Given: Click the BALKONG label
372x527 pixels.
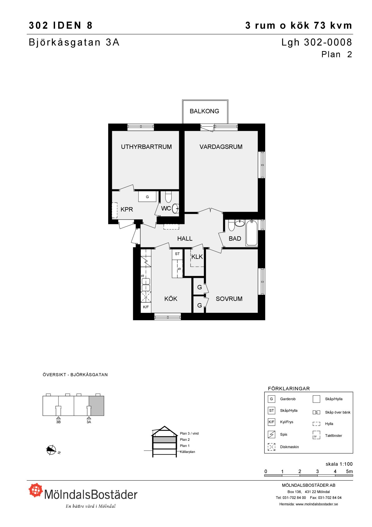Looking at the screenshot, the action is tap(204, 111).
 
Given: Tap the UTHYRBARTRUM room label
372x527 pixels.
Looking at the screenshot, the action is tap(146, 147).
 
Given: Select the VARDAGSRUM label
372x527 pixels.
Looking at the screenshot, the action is tap(221, 147).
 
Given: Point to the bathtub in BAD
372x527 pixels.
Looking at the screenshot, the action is tap(251, 233).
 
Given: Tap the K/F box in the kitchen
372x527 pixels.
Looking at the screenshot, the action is tap(146, 307).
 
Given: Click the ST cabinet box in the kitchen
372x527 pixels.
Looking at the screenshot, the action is tap(177, 254).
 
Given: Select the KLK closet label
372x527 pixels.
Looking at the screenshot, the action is tap(197, 257).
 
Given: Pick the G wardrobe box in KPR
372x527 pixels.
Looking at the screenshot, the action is tap(147, 197).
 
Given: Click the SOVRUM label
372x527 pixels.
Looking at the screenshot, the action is tap(229, 299).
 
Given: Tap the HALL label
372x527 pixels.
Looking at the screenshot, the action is tap(185, 239).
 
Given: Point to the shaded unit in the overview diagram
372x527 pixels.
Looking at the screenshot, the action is tap(96, 406).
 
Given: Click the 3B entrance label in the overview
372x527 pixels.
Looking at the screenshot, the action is tap(58, 422).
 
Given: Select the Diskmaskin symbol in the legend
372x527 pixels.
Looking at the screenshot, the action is tap(271, 447).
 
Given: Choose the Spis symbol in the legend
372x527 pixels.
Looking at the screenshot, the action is tap(271, 434).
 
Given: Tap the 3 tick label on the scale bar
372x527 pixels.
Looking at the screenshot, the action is tap(318, 471).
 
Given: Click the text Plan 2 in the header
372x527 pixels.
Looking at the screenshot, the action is tap(337, 55).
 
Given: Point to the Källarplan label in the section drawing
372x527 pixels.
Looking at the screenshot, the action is tap(187, 452).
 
